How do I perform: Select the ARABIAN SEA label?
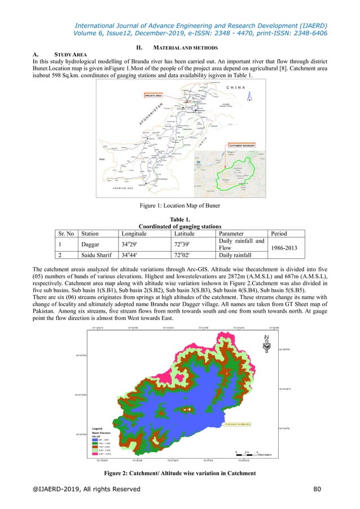(130, 190)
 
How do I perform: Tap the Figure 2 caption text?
(179, 472)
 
